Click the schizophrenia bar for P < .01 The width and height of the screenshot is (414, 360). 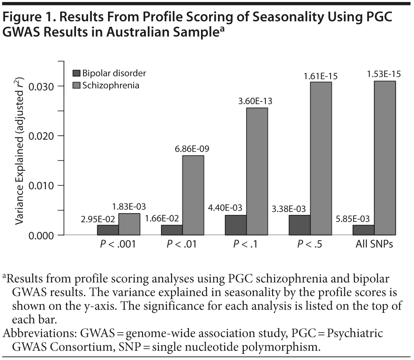193,195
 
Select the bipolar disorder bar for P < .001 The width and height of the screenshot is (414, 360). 108,230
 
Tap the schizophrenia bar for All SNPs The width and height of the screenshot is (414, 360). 385,158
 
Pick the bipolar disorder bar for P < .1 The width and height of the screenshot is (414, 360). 236,225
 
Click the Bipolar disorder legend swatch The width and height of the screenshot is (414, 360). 76,73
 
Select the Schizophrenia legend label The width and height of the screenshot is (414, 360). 111,85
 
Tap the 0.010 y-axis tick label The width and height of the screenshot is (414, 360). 41,186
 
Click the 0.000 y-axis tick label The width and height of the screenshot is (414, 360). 41,235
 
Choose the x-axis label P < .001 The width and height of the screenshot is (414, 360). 118,245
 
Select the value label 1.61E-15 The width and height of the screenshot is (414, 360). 321,76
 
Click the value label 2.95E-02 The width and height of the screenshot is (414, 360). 97,219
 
